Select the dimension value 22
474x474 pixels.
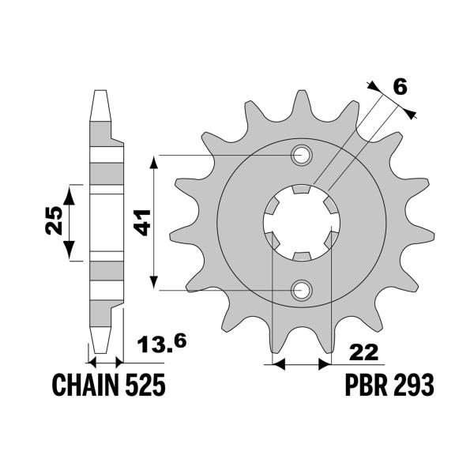tap(354, 350)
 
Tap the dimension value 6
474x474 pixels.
tap(400, 88)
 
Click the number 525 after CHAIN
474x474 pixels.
tap(145, 386)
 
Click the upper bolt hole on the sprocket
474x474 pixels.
tap(301, 156)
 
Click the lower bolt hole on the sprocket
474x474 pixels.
tap(301, 292)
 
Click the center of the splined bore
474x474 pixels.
tap(301, 224)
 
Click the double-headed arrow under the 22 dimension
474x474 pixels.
tap(300, 365)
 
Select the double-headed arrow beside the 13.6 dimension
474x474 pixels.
tap(104, 363)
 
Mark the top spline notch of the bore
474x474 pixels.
tap(301, 190)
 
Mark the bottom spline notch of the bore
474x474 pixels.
tap(301, 256)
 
